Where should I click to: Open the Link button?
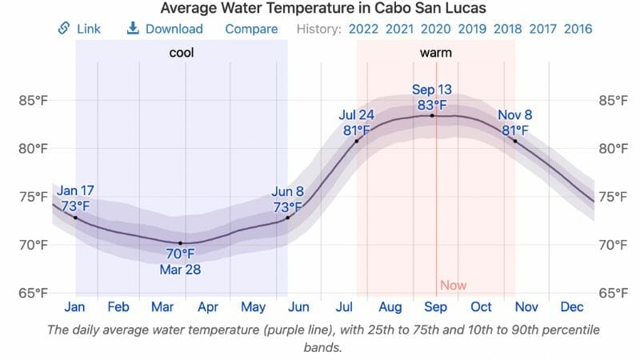coord(79,29)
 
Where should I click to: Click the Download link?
coord(165,29)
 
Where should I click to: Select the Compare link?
coord(251,29)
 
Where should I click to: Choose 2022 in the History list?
coord(363,29)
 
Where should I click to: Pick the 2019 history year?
coord(472,29)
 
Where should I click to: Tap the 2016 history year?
coord(578,29)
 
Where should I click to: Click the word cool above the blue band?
coord(181,54)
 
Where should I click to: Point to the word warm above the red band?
coord(435,54)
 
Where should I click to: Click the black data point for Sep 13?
coord(433,115)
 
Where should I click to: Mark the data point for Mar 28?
coord(180,243)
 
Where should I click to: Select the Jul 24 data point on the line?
coord(357,142)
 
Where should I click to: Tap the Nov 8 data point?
coord(514,142)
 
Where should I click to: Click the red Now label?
coord(453,286)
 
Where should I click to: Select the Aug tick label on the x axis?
coord(390,307)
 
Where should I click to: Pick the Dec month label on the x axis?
coord(572,307)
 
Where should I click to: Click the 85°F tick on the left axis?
coord(34,101)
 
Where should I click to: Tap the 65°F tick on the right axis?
coord(613,293)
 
